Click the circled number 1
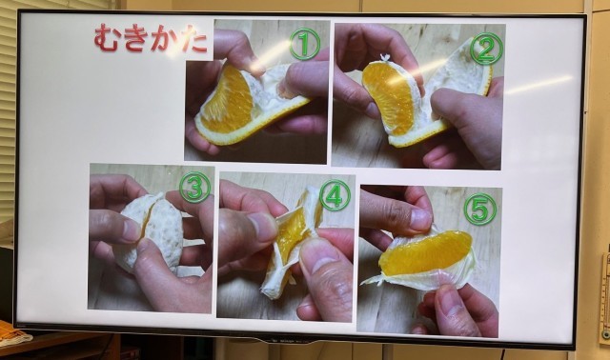point(305,44)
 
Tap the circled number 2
point(486,49)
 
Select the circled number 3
point(194,188)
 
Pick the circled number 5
point(480,210)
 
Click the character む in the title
point(107,38)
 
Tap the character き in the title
point(135,38)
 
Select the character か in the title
point(164,39)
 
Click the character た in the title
point(193,40)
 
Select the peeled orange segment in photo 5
point(426,252)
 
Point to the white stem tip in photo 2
point(385,58)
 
